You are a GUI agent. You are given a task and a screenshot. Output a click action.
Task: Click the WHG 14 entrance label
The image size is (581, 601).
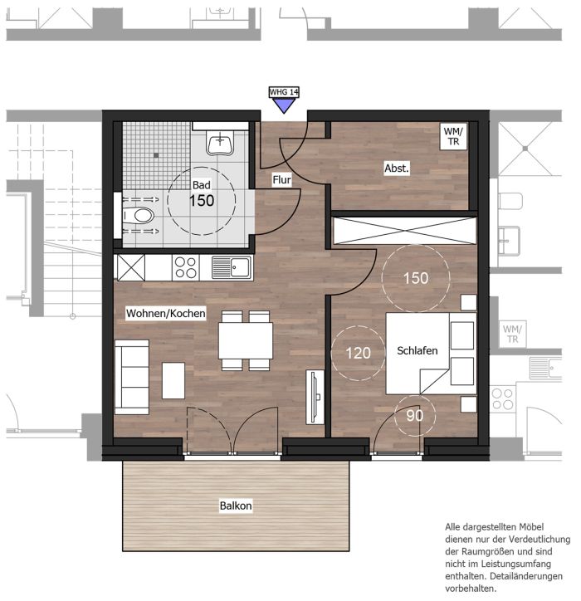[x=284, y=92]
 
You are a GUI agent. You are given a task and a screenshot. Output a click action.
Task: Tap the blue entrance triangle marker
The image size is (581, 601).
[x=284, y=105]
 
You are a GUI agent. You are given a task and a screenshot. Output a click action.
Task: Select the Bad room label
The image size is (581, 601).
[x=202, y=185]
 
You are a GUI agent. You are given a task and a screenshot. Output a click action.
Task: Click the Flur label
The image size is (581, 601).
[x=281, y=179]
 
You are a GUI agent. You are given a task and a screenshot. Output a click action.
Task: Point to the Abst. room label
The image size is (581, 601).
[x=397, y=168]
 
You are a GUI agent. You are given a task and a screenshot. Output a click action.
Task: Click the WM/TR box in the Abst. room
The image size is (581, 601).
[x=453, y=136]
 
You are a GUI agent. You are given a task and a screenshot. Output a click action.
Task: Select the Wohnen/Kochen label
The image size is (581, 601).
[x=165, y=314]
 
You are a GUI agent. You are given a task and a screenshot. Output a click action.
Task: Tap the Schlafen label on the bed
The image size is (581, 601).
[x=417, y=350]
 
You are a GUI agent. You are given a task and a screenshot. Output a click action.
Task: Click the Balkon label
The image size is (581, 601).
[x=236, y=506]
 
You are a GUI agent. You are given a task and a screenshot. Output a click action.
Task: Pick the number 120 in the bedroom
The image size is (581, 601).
[x=358, y=353]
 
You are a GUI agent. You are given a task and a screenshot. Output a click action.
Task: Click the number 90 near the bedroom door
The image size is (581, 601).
[x=415, y=416]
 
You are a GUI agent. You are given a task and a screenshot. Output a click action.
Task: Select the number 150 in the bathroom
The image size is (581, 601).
[x=202, y=200]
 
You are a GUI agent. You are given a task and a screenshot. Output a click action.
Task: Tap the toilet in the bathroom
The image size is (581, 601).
[x=139, y=215]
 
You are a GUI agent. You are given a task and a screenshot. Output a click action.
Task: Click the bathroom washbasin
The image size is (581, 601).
[x=220, y=142]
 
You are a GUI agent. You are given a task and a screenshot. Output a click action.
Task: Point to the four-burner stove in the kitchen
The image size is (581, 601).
[x=186, y=267]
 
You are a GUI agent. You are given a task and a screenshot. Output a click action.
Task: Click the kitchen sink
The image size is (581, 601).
[x=232, y=266]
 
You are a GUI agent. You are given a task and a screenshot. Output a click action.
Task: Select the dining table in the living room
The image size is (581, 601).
[x=246, y=340]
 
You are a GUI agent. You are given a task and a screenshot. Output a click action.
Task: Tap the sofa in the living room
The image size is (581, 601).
[x=132, y=377]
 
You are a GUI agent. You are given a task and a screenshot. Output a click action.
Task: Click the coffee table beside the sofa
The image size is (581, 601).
[x=173, y=381]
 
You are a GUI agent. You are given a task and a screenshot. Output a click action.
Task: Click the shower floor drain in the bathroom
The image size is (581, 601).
[x=156, y=155]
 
